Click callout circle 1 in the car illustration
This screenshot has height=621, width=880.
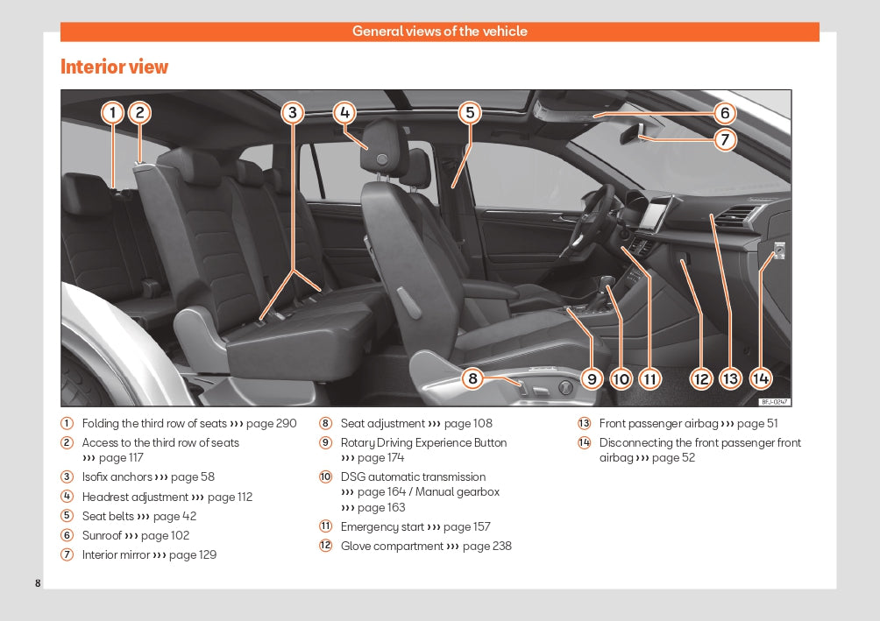[112, 112]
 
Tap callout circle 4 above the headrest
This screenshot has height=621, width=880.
[344, 112]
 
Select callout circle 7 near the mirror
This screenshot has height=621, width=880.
[725, 138]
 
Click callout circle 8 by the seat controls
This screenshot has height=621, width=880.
[472, 378]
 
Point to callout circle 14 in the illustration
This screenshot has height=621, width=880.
[760, 378]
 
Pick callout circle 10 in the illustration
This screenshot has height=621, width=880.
[621, 378]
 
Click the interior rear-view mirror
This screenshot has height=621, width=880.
[633, 133]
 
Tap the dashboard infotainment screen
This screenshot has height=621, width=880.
[656, 214]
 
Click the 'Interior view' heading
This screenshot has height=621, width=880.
[114, 67]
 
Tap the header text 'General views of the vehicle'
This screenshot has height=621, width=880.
[439, 32]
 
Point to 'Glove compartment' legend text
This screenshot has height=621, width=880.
[392, 547]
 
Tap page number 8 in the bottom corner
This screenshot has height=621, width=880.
[38, 583]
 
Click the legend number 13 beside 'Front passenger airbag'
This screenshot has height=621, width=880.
[584, 424]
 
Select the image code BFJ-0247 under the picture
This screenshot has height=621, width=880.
[774, 401]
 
